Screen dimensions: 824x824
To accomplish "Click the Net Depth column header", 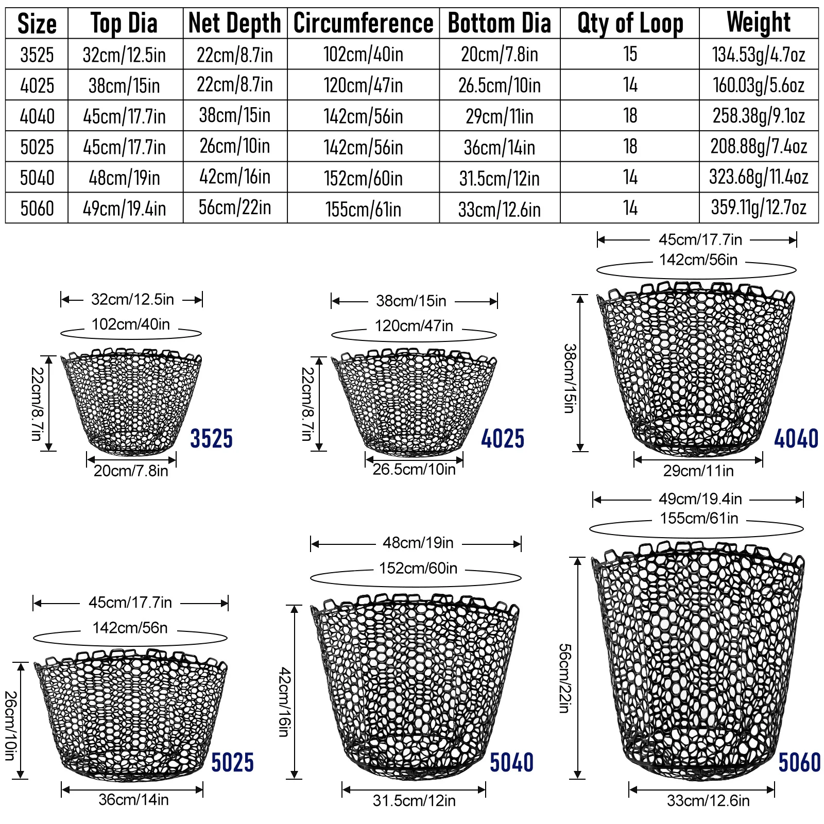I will pos(235,23).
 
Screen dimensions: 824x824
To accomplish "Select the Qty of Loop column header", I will pos(630,23).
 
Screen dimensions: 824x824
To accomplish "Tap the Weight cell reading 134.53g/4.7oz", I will pos(759,54).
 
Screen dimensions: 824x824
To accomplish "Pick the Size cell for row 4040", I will pos(37,116).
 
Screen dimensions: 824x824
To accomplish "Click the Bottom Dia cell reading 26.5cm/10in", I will pos(500,85).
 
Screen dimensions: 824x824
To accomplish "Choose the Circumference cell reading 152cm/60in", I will pos(363,178).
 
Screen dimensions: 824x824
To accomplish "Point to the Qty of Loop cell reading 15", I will pos(630,54).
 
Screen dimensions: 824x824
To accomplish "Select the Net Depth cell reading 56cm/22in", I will pos(235,208).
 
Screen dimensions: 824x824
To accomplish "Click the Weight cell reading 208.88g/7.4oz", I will pos(759,147).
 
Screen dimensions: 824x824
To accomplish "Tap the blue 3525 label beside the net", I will pos(211,439).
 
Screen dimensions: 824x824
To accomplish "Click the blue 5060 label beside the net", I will pos(799,763).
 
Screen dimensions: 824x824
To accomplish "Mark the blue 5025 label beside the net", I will pos(232,763).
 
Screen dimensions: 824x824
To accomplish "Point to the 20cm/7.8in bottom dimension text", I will pos(131,471).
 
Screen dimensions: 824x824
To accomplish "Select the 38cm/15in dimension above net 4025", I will pos(411,301).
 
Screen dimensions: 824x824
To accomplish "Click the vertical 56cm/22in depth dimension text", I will pos(564,678).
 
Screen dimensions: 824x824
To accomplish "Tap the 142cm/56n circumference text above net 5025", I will pos(130,628).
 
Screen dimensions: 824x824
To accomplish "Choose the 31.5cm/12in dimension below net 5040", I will pos(414,801).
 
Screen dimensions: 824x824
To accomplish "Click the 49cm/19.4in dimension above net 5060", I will pos(700,499).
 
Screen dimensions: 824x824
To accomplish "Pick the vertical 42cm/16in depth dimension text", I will pos(284,701).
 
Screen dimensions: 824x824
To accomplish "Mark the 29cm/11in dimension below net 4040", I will pos(698,471).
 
